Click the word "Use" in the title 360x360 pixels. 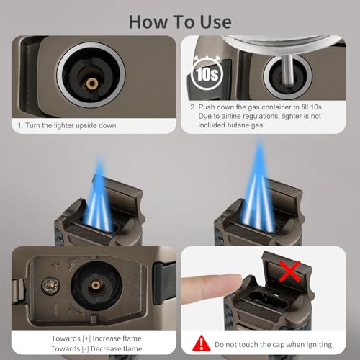(216, 22)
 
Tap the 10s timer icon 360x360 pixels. (207, 73)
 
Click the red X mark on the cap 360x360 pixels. (290, 271)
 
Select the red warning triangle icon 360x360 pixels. (202, 343)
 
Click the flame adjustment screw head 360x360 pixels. (50, 286)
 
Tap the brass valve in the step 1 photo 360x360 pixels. (92, 84)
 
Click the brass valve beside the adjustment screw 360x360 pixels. (96, 285)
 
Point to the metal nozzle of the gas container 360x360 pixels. (287, 71)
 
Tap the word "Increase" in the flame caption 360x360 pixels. (104, 338)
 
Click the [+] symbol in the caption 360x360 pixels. (86, 338)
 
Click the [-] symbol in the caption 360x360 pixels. (85, 349)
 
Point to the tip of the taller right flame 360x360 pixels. (258, 139)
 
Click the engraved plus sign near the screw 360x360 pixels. (55, 266)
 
